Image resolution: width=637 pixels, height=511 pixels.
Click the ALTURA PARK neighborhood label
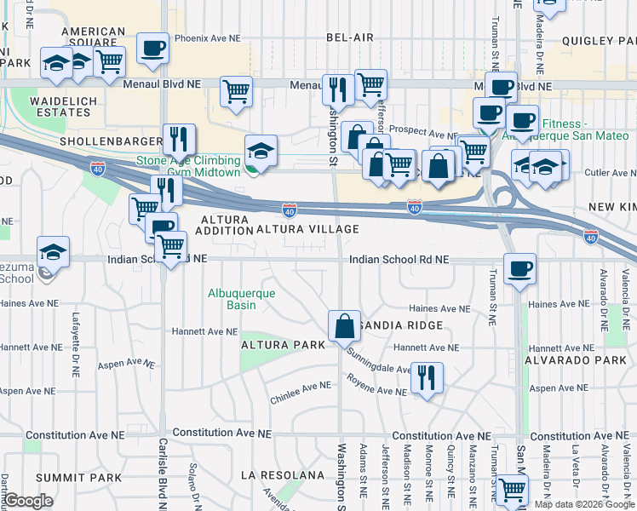[x=284, y=345]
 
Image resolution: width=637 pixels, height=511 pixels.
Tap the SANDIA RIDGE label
[x=400, y=325]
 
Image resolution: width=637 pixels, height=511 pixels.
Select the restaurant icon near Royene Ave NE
[x=427, y=376]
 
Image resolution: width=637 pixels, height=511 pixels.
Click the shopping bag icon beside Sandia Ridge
[x=344, y=326]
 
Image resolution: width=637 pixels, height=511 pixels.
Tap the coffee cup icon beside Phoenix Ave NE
[x=152, y=50]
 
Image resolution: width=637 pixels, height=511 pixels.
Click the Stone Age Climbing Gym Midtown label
[x=187, y=166]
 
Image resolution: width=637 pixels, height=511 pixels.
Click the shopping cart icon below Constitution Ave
[x=512, y=490]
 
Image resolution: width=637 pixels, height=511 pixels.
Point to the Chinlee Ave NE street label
[x=300, y=386]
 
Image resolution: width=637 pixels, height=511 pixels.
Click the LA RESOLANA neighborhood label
[x=283, y=474]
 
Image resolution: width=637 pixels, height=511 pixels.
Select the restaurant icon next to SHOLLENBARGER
[x=179, y=139]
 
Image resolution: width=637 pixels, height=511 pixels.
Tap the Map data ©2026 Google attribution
[x=584, y=504]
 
